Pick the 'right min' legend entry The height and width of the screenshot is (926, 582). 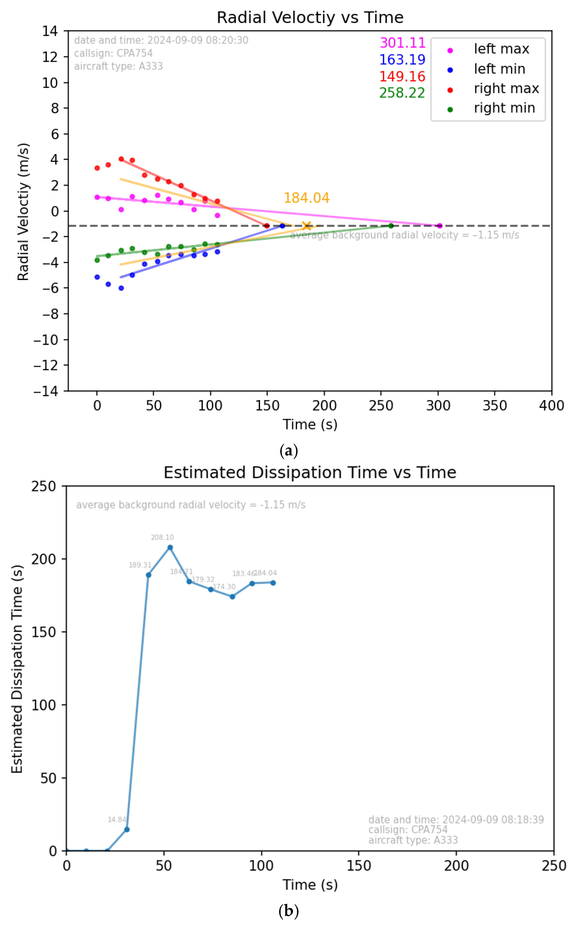point(504,108)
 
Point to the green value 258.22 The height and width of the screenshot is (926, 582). point(402,93)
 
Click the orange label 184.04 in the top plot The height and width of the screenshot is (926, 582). point(306,198)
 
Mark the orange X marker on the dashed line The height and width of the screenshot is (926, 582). point(306,226)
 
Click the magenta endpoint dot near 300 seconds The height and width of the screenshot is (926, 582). point(439,226)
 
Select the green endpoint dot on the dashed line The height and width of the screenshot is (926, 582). point(391,226)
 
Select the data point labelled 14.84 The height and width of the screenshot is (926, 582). point(127,830)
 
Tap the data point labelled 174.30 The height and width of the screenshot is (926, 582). point(232,596)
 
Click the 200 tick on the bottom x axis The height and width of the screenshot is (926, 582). point(456,866)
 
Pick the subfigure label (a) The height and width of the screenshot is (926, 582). point(289,450)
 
